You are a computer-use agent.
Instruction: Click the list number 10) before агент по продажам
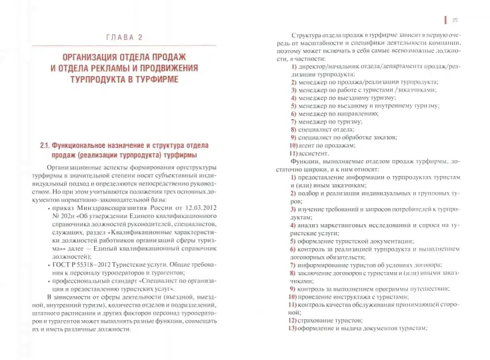point(294,145)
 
